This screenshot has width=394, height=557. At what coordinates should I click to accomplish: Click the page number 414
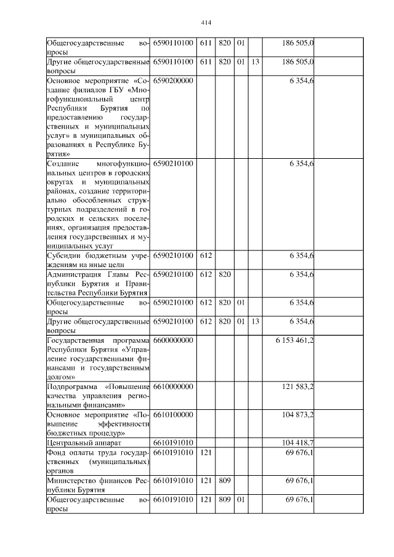[x=206, y=23]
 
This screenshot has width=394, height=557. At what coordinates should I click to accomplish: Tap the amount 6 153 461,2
[x=294, y=340]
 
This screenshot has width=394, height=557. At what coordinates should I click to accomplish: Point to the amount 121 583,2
[x=298, y=386]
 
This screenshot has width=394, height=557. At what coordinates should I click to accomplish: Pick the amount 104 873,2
[x=298, y=415]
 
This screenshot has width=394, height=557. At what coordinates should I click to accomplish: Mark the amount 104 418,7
[x=298, y=443]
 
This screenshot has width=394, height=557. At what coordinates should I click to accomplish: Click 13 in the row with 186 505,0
[x=255, y=62]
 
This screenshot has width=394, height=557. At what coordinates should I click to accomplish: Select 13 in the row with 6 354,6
[x=255, y=322]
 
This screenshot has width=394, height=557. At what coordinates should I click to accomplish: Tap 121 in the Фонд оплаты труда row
[x=206, y=452]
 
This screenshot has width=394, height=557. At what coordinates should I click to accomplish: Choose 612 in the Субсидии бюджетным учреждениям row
[x=206, y=255]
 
